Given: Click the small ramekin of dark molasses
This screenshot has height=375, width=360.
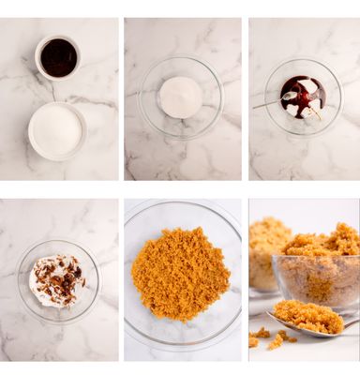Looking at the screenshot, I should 58,58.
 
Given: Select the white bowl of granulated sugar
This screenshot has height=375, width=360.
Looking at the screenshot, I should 57,130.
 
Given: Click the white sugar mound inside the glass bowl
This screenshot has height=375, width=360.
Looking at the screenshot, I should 181,96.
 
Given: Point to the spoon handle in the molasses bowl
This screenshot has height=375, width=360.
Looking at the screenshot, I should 266,103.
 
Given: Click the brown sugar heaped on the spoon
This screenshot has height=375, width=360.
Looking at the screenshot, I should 307,316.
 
